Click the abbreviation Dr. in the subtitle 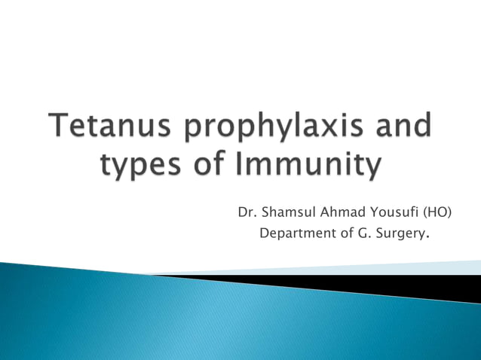[246, 212]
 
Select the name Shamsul [287, 212]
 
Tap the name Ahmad [347, 212]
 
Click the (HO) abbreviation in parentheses [440, 212]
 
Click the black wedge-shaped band [377, 285]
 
